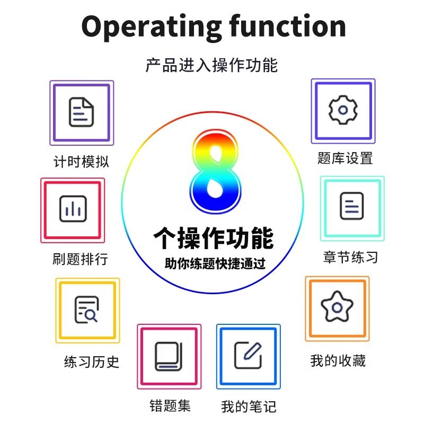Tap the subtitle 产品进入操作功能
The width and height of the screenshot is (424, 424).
point(211,65)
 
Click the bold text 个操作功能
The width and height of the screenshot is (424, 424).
point(214,237)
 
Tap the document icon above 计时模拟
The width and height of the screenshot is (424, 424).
point(82,112)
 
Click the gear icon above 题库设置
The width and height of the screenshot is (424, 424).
point(343,110)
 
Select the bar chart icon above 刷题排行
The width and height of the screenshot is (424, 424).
point(73,210)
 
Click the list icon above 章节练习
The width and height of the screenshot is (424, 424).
point(352,207)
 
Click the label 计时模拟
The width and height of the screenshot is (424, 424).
point(82,162)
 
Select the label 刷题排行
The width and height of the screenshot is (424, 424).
point(81,259)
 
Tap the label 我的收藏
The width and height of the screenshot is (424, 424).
point(338,361)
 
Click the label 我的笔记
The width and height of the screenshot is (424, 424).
point(249,407)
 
